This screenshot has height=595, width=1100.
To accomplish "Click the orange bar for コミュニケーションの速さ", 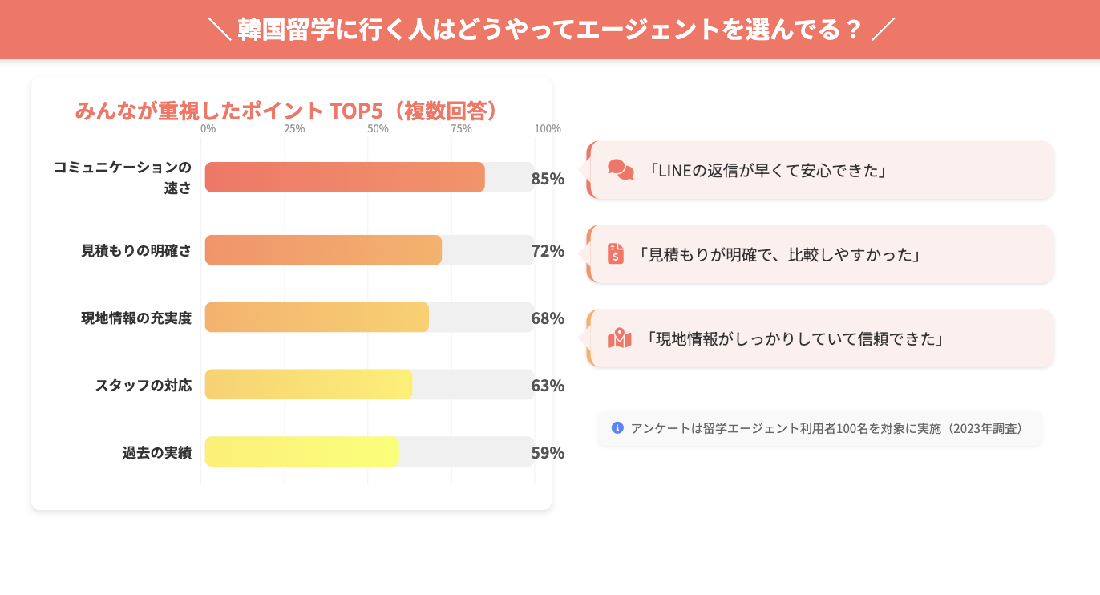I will (x=345, y=177).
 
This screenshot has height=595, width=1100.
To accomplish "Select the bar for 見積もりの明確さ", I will (x=323, y=250).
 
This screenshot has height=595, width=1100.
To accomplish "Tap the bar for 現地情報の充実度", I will (x=317, y=318).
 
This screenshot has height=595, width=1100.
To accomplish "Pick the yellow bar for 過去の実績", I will (x=301, y=451).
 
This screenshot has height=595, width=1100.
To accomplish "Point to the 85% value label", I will (x=548, y=178).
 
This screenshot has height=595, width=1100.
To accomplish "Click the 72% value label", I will (x=548, y=251).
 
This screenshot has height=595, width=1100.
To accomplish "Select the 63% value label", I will (x=548, y=386).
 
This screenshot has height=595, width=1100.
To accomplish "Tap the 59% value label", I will (x=548, y=453).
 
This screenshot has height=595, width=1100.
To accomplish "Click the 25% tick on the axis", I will (x=294, y=129).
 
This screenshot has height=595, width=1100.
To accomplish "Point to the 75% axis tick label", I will (x=461, y=129).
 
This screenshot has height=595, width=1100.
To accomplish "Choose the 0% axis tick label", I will (x=208, y=129).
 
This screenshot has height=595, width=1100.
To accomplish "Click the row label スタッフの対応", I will (x=144, y=385).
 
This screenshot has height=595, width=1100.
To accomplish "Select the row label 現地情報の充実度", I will (x=136, y=318).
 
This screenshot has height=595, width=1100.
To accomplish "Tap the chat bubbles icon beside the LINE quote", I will (x=621, y=170).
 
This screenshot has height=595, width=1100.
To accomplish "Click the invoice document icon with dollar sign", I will (x=616, y=253).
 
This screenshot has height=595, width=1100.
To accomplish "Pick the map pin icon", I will (x=620, y=338).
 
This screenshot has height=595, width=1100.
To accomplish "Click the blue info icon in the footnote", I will (x=617, y=427).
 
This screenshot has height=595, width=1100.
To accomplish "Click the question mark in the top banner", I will (x=853, y=30).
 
